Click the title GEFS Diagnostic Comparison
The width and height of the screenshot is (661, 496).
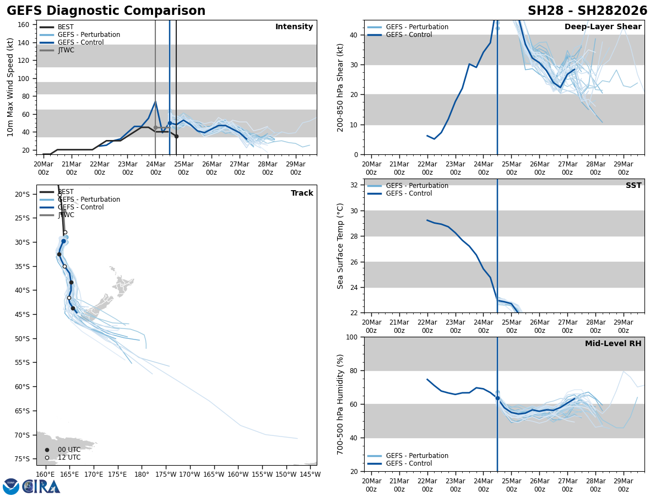click(106, 11)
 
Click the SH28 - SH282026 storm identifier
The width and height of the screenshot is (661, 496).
click(587, 11)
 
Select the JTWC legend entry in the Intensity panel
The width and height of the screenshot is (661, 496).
click(66, 50)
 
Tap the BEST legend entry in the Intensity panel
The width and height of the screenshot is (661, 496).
click(66, 27)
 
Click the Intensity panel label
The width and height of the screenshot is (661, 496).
click(294, 27)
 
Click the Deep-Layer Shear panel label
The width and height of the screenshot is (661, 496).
click(603, 27)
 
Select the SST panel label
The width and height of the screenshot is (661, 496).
click(633, 186)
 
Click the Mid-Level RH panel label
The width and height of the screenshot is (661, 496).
click(613, 344)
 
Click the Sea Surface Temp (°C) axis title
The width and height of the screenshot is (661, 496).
click(341, 246)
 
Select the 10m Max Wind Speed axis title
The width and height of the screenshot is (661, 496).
click(10, 87)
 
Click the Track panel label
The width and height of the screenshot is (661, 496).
click(302, 193)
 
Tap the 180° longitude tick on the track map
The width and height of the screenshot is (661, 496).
click(142, 475)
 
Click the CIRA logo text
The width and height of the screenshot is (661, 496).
click(41, 487)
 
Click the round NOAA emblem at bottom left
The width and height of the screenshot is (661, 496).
click(11, 487)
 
